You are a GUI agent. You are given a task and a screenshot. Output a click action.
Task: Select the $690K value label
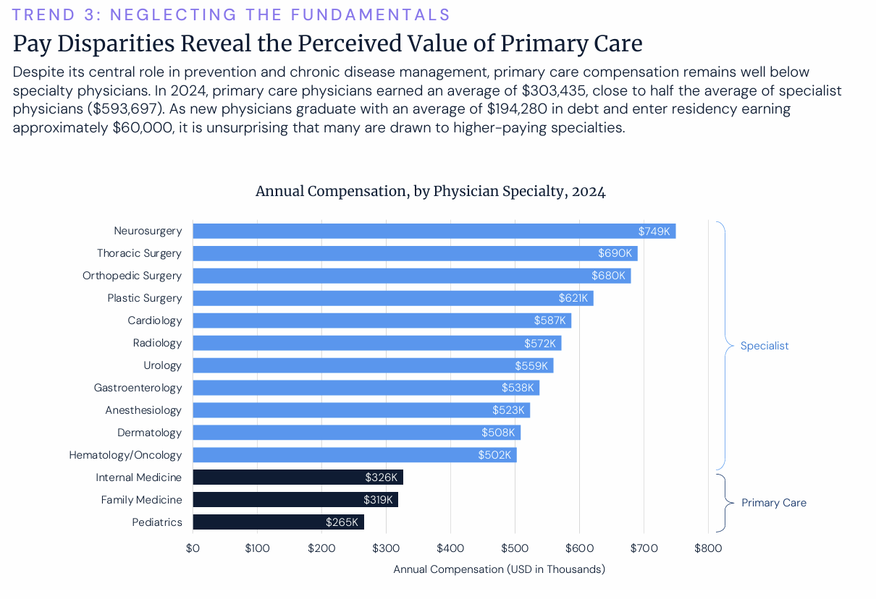pos(615,253)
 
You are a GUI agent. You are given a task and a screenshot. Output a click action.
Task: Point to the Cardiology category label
pos(155,320)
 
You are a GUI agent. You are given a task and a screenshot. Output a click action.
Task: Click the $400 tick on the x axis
pos(450,548)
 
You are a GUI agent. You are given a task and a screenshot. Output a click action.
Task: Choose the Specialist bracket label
pos(765,346)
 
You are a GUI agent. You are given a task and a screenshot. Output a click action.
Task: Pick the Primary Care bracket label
pos(774,503)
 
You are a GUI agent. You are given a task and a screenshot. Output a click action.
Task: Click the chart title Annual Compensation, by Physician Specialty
pos(430,192)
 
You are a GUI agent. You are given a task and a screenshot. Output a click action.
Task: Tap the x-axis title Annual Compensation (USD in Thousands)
pos(499,569)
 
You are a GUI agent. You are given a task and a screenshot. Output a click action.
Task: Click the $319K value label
pos(378,500)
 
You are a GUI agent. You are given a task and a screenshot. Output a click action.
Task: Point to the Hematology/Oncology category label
pos(125,455)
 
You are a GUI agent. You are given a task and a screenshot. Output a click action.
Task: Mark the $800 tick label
pos(708,548)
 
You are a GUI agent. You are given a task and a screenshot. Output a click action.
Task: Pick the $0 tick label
pos(193,548)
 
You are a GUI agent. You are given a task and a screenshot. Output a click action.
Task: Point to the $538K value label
pos(518,388)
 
